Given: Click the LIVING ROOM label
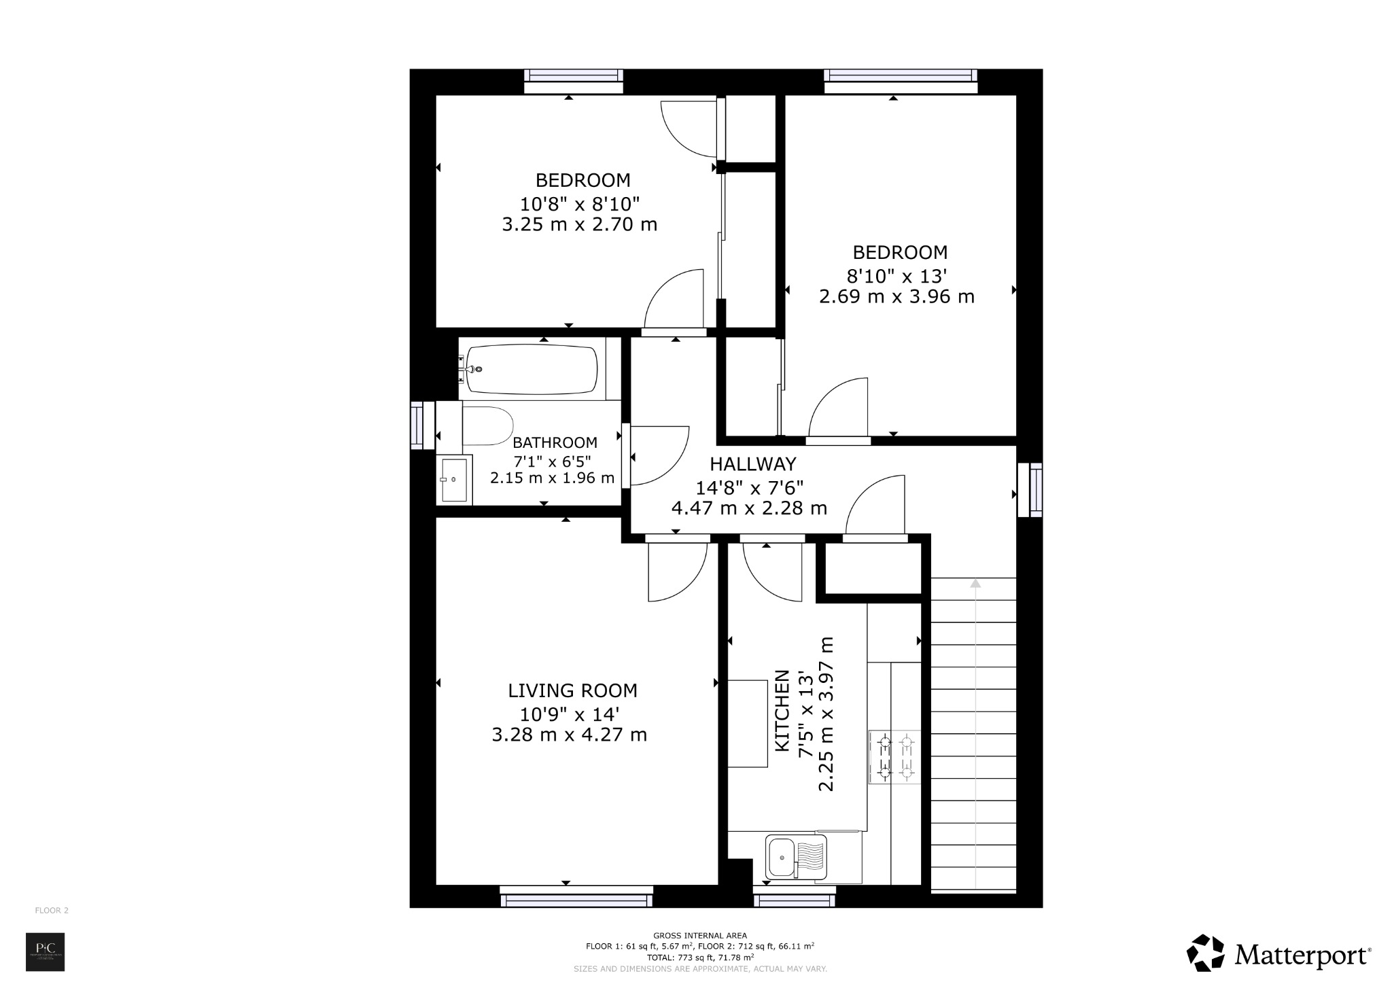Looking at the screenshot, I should tap(572, 691).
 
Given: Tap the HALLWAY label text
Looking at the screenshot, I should tap(752, 465).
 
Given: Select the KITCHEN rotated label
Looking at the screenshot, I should tap(783, 711).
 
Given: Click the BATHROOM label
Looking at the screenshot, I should tap(555, 443).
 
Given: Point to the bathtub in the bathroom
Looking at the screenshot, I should tap(532, 370).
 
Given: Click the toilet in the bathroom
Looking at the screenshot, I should tap(487, 426).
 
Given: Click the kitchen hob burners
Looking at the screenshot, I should tap(895, 757).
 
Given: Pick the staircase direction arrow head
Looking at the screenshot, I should tap(975, 583).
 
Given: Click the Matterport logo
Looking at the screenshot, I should tap(1278, 954).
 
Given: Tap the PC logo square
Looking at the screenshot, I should tap(45, 952).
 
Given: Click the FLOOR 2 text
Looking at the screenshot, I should tap(52, 911).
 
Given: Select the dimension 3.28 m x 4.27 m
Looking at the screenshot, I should tap(569, 735).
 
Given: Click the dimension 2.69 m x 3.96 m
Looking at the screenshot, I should tap(897, 297).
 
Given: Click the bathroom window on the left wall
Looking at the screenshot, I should tap(421, 425).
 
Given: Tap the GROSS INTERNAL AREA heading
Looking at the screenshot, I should tap(699, 936).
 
